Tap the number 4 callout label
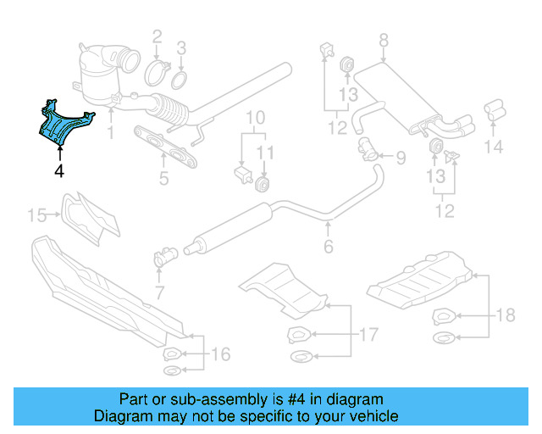[58, 170]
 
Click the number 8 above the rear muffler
[383, 40]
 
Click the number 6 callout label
[328, 247]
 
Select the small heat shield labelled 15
[91, 217]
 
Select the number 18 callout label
[506, 316]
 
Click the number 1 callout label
[109, 133]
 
